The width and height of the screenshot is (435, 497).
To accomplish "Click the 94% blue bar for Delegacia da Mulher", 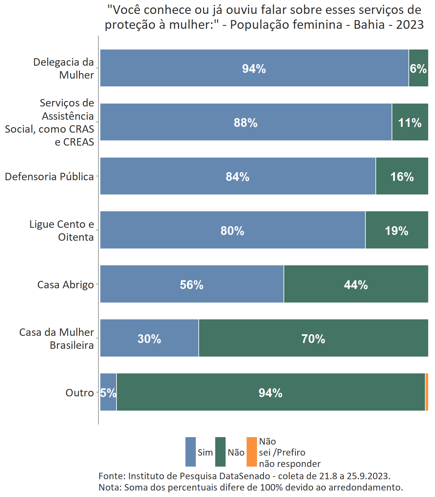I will tap(254, 68).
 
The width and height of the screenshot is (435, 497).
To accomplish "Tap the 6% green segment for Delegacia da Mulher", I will tap(418, 68).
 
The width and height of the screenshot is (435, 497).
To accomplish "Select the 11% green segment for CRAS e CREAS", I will tap(410, 122).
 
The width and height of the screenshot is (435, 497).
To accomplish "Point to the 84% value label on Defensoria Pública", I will tap(238, 177).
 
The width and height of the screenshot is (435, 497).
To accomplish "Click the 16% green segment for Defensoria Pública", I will tap(402, 176).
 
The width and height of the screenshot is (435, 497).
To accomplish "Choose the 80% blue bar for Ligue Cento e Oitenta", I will tap(232, 230).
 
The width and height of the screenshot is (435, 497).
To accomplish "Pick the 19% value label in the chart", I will tap(396, 231).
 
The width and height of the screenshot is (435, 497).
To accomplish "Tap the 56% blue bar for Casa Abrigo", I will tap(192, 284).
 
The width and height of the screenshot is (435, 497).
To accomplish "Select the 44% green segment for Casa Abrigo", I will tap(356, 284).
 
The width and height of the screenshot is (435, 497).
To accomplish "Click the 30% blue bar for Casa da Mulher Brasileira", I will tap(149, 338).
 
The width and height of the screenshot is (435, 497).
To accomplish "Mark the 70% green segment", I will tap(313, 338).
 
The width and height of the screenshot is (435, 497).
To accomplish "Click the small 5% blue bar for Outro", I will tap(108, 392).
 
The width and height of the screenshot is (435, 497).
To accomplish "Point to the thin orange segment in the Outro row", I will tap(427, 392).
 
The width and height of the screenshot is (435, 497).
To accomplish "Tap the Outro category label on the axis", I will tap(80, 392).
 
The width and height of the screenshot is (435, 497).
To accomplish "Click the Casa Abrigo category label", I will tap(65, 284).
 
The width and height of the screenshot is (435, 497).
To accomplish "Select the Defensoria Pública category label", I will tap(49, 177).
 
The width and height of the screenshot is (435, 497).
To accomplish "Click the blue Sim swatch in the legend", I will tap(191, 452).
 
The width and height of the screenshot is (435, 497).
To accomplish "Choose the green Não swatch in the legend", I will tap(220, 452).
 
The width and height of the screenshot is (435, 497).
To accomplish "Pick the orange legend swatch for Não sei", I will tap(251, 452).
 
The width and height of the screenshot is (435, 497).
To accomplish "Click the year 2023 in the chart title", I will tap(410, 25).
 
